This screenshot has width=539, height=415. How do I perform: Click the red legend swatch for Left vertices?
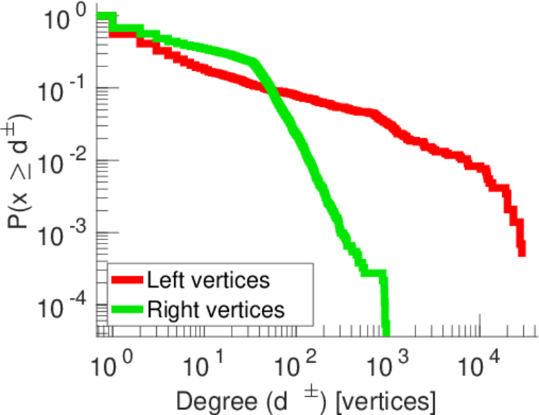(127, 281)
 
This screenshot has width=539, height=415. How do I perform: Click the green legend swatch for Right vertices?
(127, 309)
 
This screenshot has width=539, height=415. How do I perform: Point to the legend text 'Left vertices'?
(207, 281)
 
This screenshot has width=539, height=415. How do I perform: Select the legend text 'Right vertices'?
(216, 309)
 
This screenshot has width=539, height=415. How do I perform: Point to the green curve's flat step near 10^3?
(373, 273)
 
